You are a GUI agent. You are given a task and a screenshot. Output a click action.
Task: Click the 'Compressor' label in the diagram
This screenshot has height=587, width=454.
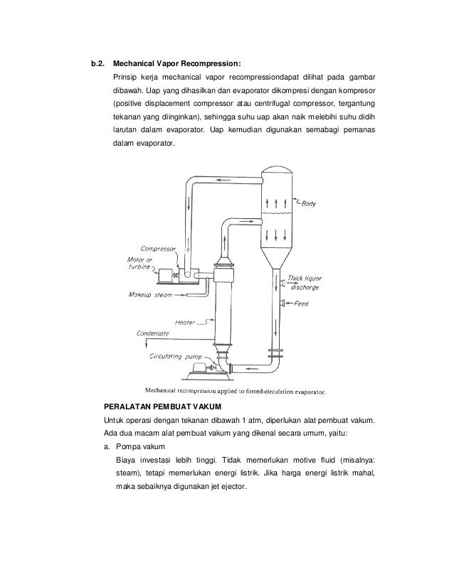coord(158,249)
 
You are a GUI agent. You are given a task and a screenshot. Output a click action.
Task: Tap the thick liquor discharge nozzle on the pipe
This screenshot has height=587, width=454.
coord(283,284)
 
